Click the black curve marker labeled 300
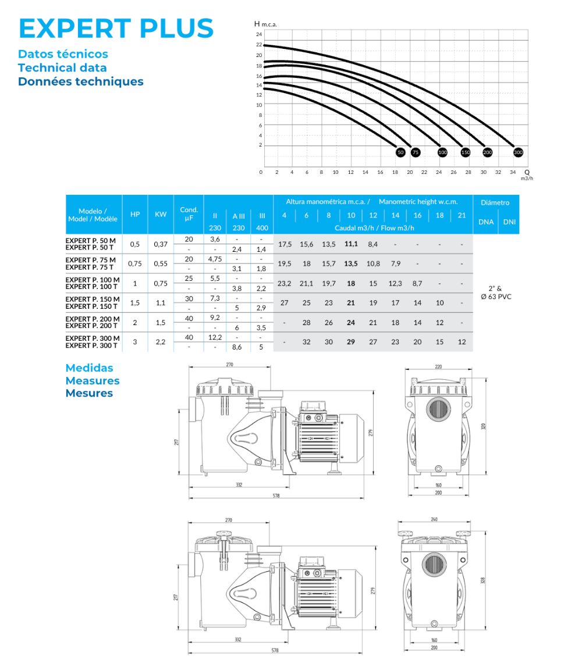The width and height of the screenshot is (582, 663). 518,152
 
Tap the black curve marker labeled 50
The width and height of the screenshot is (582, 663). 400,152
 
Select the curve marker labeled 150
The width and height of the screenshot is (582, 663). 466,152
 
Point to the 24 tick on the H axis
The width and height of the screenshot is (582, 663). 260,35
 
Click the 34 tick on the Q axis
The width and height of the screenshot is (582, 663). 513,172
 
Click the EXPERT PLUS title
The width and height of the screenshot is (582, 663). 116,28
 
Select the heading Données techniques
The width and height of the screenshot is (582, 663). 80,81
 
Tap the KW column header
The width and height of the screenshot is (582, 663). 161,214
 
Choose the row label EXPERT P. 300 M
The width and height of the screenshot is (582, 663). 93,338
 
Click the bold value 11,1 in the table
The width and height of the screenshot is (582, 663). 351,244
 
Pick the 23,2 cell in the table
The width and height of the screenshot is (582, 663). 285,283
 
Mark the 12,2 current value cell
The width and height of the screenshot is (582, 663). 215,338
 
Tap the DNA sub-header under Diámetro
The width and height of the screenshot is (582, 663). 485,222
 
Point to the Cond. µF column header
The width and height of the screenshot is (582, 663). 189,213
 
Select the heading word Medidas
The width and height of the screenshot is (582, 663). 89,368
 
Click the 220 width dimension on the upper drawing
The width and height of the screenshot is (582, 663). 438,367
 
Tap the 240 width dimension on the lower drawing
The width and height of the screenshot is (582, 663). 434,519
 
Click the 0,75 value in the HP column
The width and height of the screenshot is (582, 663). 135,263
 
